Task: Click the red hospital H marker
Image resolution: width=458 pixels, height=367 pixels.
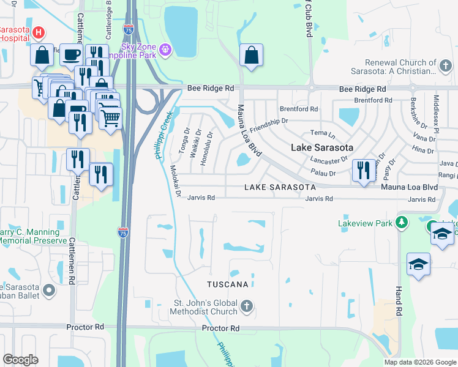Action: (39, 32)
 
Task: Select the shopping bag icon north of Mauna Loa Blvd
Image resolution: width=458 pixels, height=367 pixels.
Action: (251, 55)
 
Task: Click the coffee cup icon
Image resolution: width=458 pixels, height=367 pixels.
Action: (71, 55)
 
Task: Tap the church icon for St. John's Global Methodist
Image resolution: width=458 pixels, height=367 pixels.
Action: (246, 306)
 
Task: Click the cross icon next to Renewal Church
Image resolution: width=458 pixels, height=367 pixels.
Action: (448, 62)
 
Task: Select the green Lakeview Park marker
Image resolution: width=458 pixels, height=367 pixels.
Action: (402, 223)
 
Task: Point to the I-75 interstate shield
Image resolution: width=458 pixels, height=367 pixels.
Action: (123, 232)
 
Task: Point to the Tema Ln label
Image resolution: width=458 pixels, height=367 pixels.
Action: (323, 133)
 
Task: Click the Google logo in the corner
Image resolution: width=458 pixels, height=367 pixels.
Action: (20, 360)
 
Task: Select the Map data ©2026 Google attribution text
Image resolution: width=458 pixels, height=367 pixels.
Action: (419, 362)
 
